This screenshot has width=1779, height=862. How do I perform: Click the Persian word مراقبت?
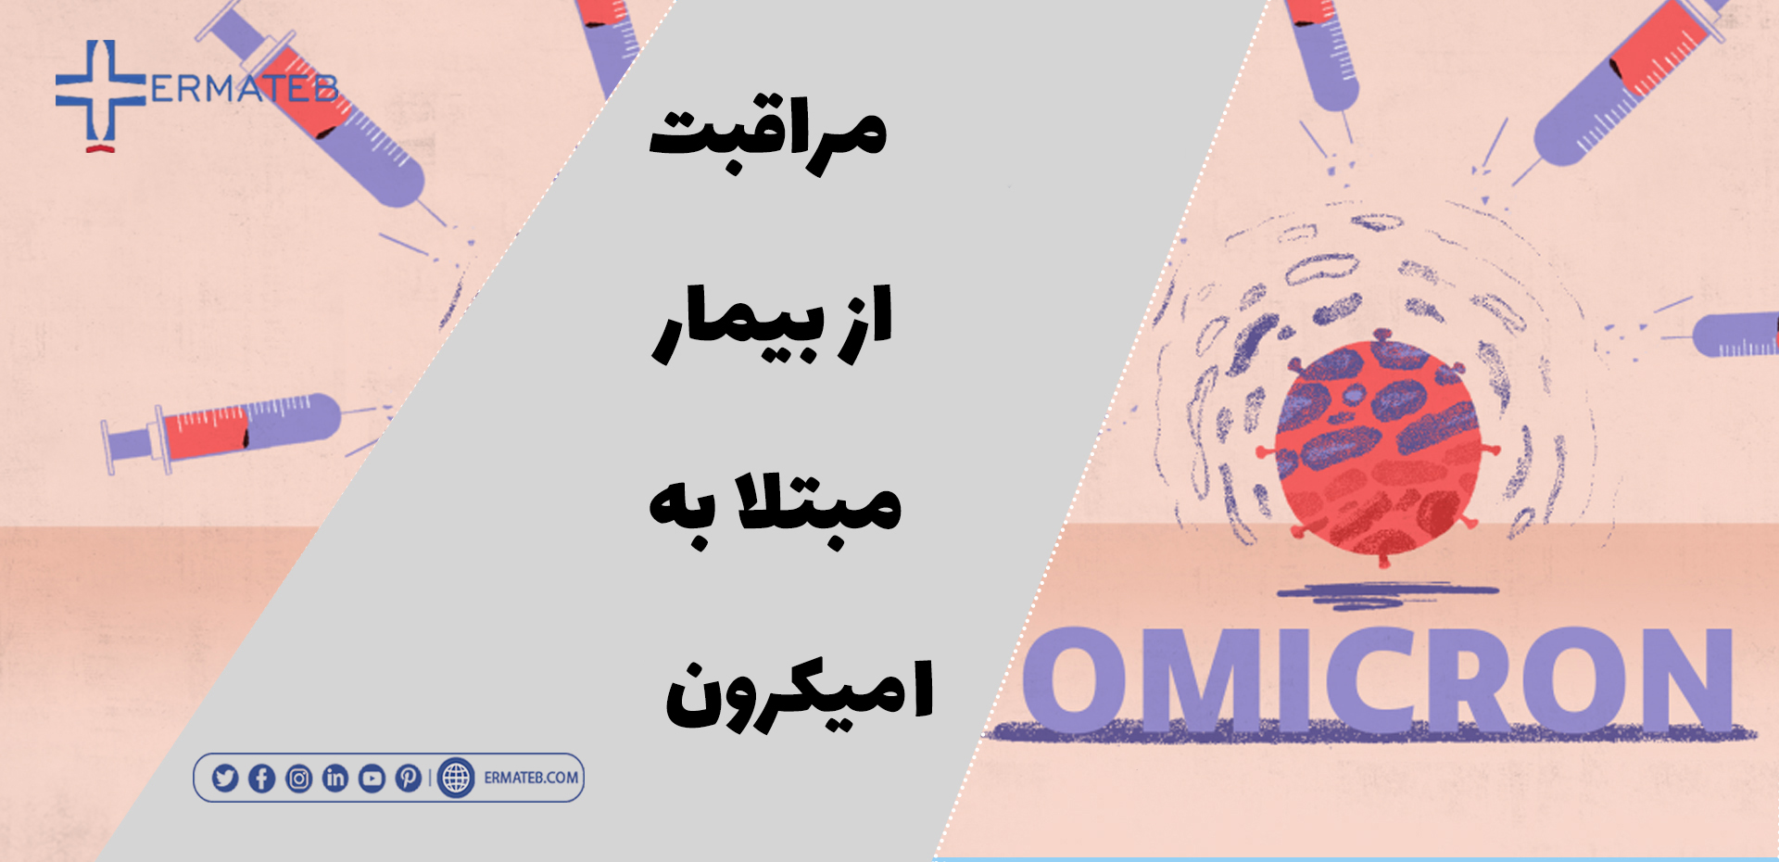[x=768, y=137]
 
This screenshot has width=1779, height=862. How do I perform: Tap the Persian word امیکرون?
[x=800, y=693]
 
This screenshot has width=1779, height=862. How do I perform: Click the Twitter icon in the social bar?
[x=225, y=778]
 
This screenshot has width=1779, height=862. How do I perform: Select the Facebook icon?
[x=262, y=778]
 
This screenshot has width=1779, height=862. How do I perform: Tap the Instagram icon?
[x=298, y=778]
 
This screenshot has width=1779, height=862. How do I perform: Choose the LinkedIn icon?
[x=335, y=778]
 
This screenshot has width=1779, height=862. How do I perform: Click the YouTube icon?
[x=372, y=778]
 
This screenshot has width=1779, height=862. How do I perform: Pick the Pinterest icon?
[x=409, y=778]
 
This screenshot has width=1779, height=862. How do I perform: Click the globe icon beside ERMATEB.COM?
[x=456, y=778]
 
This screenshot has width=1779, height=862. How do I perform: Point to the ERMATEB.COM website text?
[x=531, y=778]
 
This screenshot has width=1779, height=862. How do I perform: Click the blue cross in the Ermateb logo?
[x=100, y=93]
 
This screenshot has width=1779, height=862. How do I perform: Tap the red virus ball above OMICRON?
[x=1379, y=447]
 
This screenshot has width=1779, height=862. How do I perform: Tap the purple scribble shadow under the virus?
[x=1387, y=594]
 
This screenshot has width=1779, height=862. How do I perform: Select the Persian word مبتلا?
[x=817, y=505]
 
